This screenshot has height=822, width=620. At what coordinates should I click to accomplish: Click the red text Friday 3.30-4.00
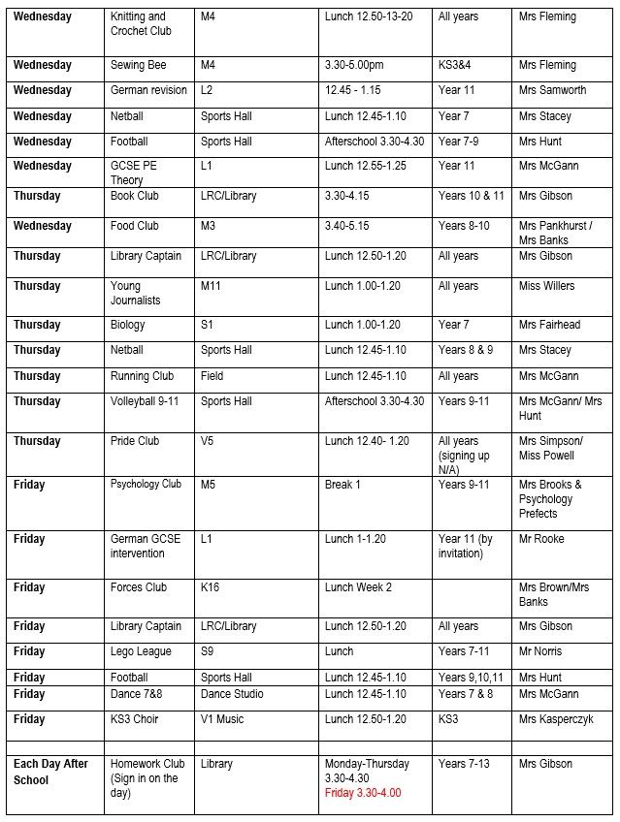click(363, 793)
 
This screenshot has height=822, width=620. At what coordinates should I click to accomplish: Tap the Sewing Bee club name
click(139, 65)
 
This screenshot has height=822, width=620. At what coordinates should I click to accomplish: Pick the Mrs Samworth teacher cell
click(552, 90)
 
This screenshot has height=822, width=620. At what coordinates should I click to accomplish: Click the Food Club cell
click(135, 226)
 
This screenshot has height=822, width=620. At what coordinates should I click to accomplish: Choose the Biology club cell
click(128, 325)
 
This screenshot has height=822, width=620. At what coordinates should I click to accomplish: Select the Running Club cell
click(143, 376)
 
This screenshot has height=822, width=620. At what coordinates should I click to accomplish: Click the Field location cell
click(212, 376)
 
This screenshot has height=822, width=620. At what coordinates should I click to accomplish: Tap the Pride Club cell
click(135, 441)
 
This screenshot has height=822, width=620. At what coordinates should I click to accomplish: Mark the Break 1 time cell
click(343, 485)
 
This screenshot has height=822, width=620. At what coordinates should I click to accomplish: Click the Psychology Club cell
click(146, 485)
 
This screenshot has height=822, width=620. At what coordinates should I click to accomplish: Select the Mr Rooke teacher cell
click(541, 539)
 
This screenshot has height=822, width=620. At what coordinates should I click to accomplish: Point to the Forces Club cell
click(139, 587)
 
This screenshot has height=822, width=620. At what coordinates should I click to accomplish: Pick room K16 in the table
click(211, 587)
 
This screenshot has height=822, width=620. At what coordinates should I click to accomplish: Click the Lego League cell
click(141, 651)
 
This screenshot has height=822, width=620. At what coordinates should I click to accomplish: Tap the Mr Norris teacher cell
click(540, 651)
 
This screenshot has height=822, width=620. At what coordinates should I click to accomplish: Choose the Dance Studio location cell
click(233, 694)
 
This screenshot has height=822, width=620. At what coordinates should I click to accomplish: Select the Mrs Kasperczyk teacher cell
click(556, 719)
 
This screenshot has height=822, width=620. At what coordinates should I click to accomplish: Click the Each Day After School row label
click(50, 772)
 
